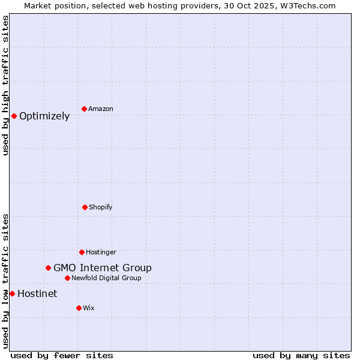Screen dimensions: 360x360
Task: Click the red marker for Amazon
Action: tap(85, 109)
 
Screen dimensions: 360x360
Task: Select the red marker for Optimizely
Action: tap(14, 116)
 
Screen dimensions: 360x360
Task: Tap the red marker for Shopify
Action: tap(85, 207)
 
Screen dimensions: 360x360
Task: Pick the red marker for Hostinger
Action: tap(82, 252)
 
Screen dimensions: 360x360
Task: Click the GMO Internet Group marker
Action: tap(48, 268)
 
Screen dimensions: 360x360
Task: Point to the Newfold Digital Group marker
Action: tap(67, 278)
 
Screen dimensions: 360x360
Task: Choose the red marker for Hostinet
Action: tap(12, 293)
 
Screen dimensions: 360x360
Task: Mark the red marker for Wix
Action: tap(79, 308)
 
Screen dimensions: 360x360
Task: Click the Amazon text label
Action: tap(101, 109)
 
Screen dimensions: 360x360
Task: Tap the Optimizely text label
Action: tap(44, 116)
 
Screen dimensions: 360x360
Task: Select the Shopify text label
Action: tap(101, 207)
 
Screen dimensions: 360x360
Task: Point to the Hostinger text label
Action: tap(101, 252)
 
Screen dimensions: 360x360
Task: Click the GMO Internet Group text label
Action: tap(103, 268)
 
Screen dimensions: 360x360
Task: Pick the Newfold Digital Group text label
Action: tap(106, 278)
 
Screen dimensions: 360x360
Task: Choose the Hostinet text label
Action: tap(37, 293)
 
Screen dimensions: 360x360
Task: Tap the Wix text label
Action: tap(89, 308)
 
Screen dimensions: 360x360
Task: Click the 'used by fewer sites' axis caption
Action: tap(62, 355)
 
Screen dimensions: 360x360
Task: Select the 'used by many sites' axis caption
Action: tap(301, 355)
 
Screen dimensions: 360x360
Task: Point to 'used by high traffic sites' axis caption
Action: tap(5, 85)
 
